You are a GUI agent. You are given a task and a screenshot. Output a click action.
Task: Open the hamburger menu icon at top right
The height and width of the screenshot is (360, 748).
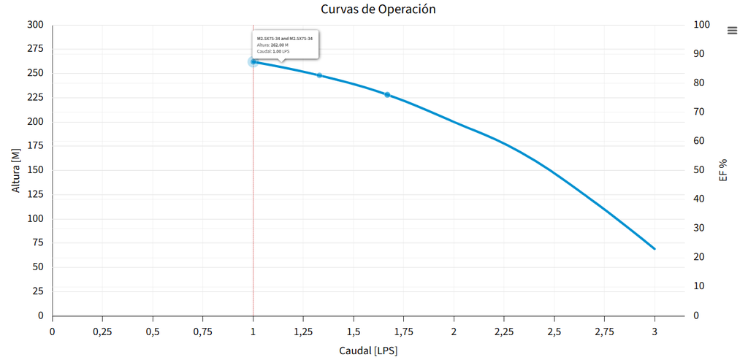pyautogui.click(x=733, y=30)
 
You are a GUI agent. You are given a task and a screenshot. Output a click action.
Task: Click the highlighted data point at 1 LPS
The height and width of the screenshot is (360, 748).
pyautogui.click(x=253, y=62)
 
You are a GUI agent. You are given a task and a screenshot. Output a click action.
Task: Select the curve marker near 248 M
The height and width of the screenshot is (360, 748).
pyautogui.click(x=319, y=75)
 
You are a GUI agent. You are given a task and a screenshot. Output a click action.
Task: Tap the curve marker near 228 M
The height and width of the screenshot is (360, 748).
pyautogui.click(x=387, y=95)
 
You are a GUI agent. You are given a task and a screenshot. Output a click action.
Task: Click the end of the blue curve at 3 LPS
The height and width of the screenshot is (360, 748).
pyautogui.click(x=654, y=249)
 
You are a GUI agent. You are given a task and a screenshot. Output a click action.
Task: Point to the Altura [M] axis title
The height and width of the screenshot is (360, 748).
pyautogui.click(x=16, y=170)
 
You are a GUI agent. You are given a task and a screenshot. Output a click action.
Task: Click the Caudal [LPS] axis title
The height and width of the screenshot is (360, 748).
pyautogui.click(x=368, y=351)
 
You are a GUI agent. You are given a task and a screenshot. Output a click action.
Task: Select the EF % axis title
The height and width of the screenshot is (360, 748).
pyautogui.click(x=723, y=170)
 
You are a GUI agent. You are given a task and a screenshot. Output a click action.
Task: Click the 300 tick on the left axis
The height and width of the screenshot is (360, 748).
pyautogui.click(x=36, y=25)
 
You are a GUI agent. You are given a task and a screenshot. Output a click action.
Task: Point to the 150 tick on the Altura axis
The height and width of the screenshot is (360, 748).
pyautogui.click(x=36, y=170)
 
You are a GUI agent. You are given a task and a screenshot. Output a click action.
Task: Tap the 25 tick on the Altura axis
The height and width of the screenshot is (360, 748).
pyautogui.click(x=39, y=291)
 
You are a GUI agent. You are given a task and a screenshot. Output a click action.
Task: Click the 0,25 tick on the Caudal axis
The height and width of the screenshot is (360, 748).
pyautogui.click(x=102, y=331)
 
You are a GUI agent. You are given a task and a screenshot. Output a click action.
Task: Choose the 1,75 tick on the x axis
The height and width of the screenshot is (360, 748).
pyautogui.click(x=403, y=331)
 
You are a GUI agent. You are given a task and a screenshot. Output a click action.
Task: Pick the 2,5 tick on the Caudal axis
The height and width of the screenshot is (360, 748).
pyautogui.click(x=554, y=331)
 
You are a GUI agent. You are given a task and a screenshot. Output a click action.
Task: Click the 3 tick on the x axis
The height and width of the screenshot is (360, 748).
pyautogui.click(x=654, y=331)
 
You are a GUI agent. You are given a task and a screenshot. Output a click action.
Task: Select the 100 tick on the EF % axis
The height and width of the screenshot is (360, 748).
pyautogui.click(x=701, y=25)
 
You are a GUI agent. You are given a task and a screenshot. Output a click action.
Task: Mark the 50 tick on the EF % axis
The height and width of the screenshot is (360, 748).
pyautogui.click(x=699, y=170)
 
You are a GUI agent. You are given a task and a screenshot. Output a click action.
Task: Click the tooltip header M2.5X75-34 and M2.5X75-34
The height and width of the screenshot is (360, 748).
pyautogui.click(x=284, y=38)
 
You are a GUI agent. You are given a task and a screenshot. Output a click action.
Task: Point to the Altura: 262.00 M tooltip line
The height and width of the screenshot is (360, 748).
pyautogui.click(x=272, y=45)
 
